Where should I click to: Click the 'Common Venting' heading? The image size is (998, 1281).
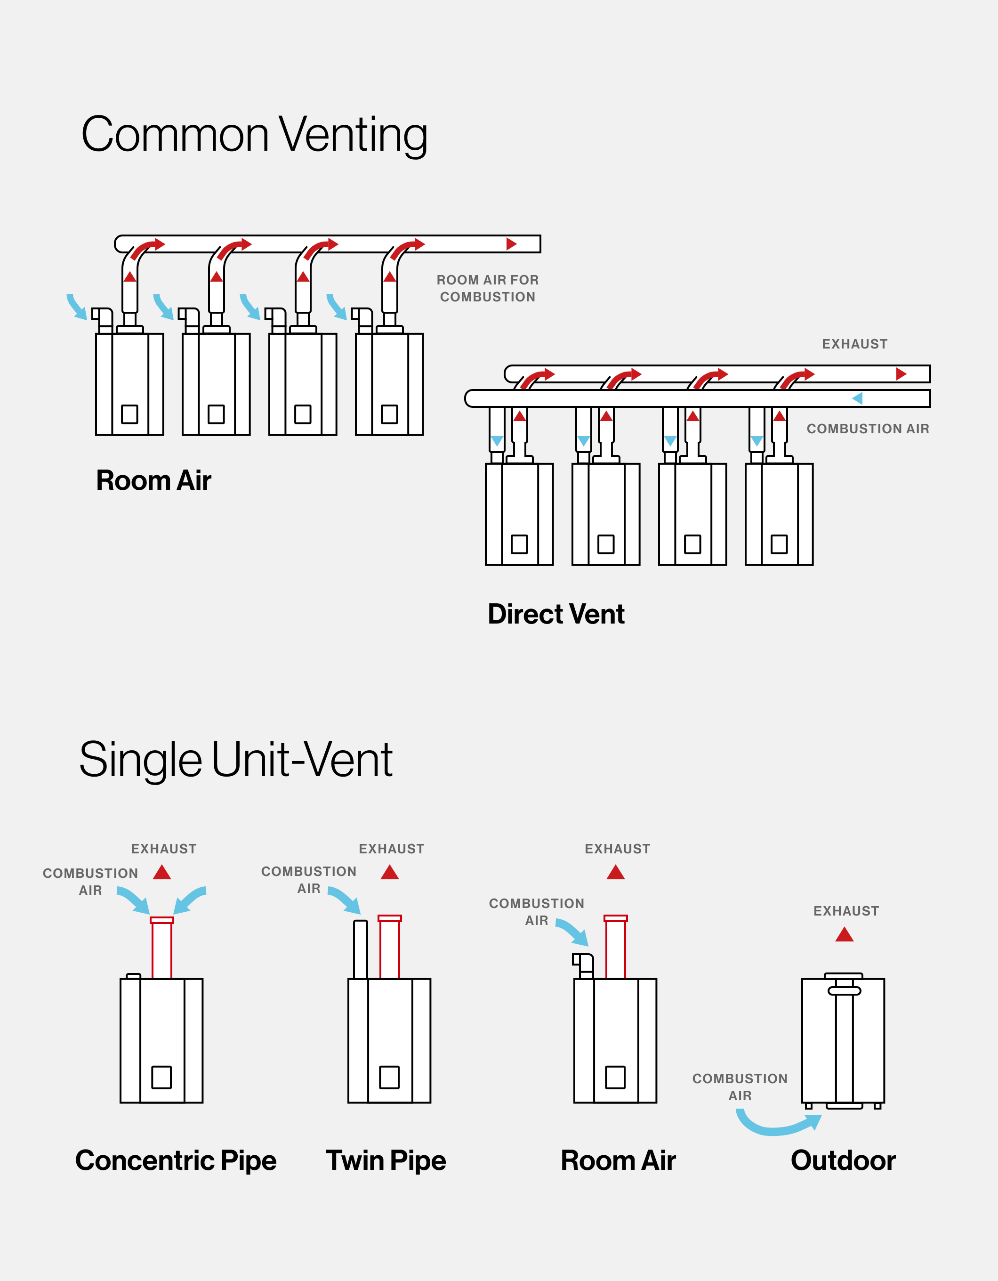(x=254, y=135)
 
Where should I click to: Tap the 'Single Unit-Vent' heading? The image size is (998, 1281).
(x=236, y=760)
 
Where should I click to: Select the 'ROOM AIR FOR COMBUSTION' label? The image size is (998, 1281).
(x=487, y=289)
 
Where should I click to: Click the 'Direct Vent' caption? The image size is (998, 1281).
(x=556, y=614)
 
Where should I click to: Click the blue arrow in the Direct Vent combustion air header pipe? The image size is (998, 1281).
(x=857, y=398)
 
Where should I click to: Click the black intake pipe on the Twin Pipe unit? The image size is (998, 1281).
(x=361, y=950)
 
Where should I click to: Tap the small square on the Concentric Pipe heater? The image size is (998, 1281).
(x=161, y=1077)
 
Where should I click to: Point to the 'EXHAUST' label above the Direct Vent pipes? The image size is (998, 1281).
(x=854, y=344)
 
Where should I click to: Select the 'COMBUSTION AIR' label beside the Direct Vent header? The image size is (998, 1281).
(x=868, y=429)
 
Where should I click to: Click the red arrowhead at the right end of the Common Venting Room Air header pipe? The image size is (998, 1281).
(x=511, y=244)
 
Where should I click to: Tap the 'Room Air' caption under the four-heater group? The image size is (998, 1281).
(x=153, y=480)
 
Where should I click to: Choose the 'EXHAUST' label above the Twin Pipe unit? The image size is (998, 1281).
(x=391, y=849)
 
